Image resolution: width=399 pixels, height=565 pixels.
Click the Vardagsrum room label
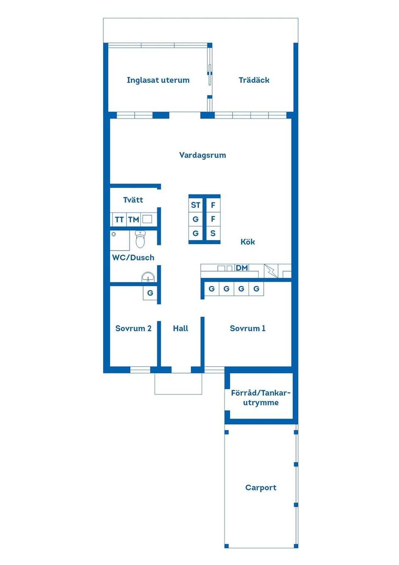click(x=202, y=155)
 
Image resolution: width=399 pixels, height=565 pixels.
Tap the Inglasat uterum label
click(x=158, y=80)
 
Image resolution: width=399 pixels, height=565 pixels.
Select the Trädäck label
click(x=254, y=80)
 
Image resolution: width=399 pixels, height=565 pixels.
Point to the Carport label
click(x=261, y=488)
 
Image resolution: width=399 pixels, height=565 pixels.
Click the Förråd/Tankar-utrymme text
click(x=261, y=398)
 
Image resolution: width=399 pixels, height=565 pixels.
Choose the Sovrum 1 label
click(x=247, y=328)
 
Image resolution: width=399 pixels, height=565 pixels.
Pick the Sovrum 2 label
click(x=133, y=328)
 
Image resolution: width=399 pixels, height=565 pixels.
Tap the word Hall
click(x=180, y=328)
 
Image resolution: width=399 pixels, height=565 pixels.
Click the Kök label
click(x=248, y=242)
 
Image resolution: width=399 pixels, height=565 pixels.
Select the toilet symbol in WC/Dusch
click(x=140, y=239)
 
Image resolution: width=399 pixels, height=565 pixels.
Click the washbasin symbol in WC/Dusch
click(x=148, y=277)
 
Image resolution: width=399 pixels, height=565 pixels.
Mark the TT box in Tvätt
click(x=119, y=219)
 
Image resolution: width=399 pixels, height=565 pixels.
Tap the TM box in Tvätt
click(x=133, y=219)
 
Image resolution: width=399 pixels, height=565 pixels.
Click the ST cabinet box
click(x=196, y=205)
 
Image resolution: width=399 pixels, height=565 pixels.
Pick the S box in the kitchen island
click(x=213, y=233)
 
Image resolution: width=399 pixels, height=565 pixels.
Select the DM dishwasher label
click(x=241, y=268)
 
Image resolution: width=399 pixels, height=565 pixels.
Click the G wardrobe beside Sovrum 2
click(x=150, y=293)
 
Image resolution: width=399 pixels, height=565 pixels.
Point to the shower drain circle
click(x=113, y=234)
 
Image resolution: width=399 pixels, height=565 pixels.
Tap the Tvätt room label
click(x=133, y=200)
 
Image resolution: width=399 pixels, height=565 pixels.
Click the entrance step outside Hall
click(x=178, y=384)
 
